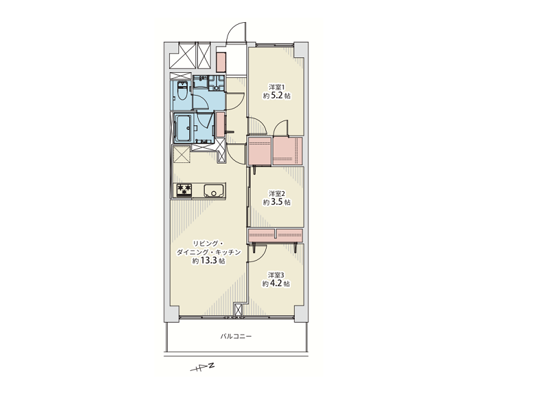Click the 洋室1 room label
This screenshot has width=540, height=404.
click(277, 86)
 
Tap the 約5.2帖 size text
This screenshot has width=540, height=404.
click(277, 96)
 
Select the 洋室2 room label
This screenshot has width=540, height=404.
click(277, 193)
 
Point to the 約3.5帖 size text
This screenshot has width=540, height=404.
click(277, 202)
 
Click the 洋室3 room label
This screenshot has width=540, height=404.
click(276, 275)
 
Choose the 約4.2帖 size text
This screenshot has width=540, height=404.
click(276, 283)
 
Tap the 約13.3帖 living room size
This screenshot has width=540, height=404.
click(209, 261)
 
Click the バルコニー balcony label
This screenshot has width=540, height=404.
click(236, 336)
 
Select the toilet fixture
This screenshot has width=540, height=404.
click(182, 91)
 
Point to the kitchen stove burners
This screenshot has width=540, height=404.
click(184, 190)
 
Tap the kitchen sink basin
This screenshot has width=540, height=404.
click(214, 190)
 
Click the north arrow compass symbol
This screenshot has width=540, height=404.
click(203, 367)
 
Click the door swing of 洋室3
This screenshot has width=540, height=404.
click(261, 252)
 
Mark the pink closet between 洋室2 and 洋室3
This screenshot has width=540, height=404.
click(275, 235)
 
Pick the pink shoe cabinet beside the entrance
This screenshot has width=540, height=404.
click(221, 63)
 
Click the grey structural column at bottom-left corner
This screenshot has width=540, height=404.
click(172, 314)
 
